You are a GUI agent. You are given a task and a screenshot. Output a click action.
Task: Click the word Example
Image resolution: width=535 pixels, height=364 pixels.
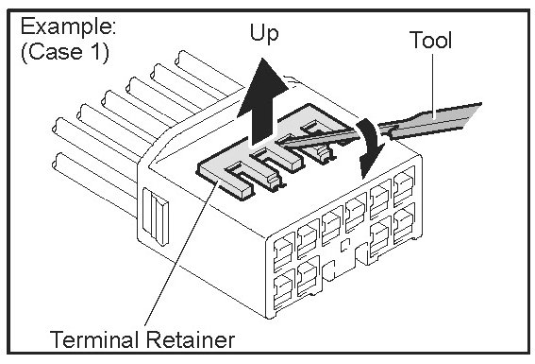click(68, 26)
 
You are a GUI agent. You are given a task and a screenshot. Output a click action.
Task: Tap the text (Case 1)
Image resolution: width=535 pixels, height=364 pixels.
click(65, 52)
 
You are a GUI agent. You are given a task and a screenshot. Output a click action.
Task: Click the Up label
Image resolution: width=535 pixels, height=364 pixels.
click(264, 33)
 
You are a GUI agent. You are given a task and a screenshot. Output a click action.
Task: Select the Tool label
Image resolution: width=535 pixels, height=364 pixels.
click(430, 40)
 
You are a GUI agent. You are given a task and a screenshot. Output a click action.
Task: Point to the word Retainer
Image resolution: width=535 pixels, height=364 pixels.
click(191, 339)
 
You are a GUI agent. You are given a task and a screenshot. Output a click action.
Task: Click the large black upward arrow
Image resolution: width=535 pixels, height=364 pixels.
click(262, 102)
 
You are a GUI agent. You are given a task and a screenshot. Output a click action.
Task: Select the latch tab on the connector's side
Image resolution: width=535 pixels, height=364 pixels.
click(156, 216)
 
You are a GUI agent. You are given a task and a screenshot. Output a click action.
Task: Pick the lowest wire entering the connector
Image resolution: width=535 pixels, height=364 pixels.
click(95, 184)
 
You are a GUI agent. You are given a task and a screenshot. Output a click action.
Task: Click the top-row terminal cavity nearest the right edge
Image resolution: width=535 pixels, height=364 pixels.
click(405, 186)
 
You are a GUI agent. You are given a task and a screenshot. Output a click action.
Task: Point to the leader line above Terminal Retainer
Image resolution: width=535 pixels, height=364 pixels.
click(180, 253)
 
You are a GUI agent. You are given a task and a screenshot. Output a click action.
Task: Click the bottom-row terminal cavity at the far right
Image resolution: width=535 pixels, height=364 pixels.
click(405, 223)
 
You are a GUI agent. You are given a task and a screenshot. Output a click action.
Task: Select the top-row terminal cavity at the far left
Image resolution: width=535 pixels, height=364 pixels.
click(284, 252)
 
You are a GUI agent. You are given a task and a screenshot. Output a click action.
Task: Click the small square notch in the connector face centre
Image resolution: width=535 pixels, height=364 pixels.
click(345, 244)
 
